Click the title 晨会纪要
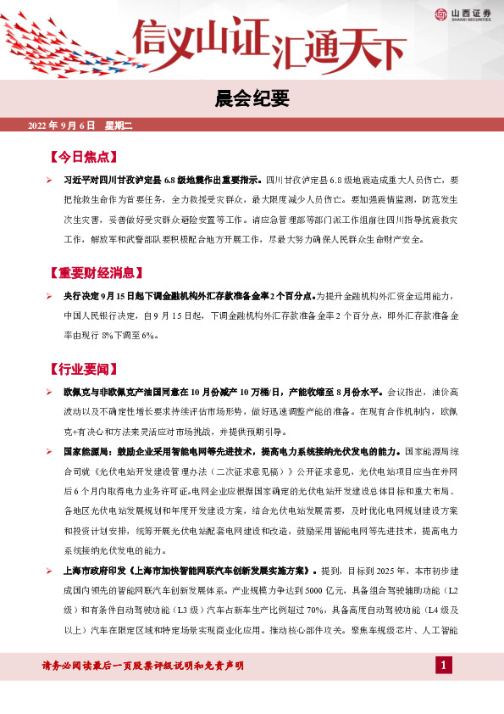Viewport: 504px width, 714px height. tap(252, 100)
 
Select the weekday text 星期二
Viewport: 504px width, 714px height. tap(119, 126)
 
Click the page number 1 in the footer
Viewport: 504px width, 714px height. tap(441, 666)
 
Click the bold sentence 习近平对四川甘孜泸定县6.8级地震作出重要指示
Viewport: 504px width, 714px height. tap(163, 181)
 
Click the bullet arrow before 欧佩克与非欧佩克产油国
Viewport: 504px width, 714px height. tap(49, 393)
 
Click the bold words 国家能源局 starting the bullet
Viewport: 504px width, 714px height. tap(85, 451)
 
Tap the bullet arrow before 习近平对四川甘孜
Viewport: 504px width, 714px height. tap(49, 181)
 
